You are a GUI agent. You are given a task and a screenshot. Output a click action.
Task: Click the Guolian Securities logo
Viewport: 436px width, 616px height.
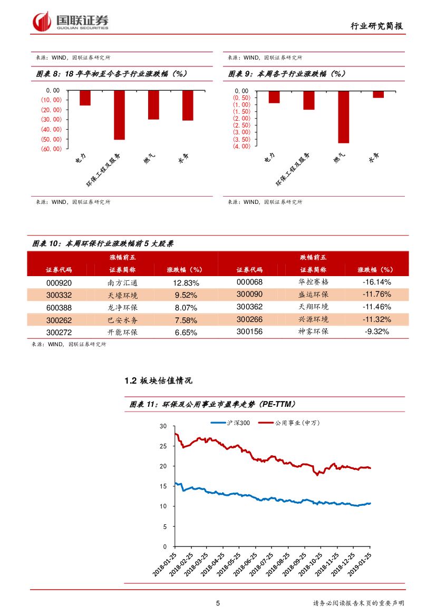pyautogui.click(x=71, y=22)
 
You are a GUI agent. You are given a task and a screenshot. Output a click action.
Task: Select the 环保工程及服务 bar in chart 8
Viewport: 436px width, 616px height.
pyautogui.click(x=120, y=115)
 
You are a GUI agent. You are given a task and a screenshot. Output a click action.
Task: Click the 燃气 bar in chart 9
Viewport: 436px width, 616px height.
pyautogui.click(x=343, y=116)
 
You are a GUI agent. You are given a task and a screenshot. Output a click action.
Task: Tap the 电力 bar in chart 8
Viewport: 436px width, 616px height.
pyautogui.click(x=85, y=98)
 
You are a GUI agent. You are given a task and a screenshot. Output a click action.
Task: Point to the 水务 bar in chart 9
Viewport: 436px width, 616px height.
pyautogui.click(x=378, y=94)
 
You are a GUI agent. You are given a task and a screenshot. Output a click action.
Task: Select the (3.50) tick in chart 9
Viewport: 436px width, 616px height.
pyautogui.click(x=241, y=139)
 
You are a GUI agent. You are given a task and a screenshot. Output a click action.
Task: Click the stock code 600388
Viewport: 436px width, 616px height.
pyautogui.click(x=59, y=307)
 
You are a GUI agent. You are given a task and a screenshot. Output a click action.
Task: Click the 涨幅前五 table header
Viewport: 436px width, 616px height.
pyautogui.click(x=122, y=258)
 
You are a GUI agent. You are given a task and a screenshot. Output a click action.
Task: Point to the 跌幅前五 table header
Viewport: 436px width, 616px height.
pyautogui.click(x=313, y=258)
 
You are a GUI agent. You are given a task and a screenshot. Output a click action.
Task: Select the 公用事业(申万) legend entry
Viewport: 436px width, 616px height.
pyautogui.click(x=292, y=423)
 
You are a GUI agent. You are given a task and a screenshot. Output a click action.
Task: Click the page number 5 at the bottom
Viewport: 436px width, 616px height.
pyautogui.click(x=218, y=604)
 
